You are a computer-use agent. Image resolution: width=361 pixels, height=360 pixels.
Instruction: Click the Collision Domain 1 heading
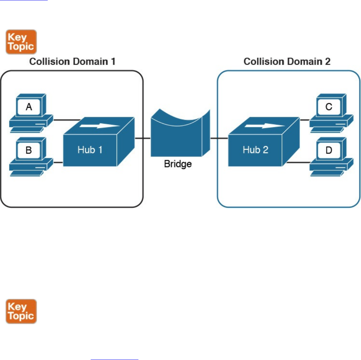[x=72, y=62]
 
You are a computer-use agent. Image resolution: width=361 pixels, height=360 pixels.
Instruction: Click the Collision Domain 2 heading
[x=287, y=62]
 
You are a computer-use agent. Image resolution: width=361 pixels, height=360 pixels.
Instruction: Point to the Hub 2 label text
[x=256, y=150]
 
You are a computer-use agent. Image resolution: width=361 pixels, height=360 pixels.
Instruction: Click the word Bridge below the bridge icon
[x=178, y=164]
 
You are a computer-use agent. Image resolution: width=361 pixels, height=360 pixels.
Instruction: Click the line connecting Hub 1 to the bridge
[x=142, y=138]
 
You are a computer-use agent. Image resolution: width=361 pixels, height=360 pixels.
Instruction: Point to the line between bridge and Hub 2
[x=219, y=138]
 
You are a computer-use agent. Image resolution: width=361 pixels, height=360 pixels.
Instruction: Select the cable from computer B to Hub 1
[x=58, y=162]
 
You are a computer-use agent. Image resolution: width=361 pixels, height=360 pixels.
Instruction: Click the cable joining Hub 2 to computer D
[x=298, y=162]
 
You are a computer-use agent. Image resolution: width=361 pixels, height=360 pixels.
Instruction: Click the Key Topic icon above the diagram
[x=21, y=42]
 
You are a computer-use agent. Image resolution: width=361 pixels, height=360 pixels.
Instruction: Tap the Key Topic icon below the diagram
[x=21, y=311]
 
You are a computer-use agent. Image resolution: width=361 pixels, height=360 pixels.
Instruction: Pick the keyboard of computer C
[x=327, y=130]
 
